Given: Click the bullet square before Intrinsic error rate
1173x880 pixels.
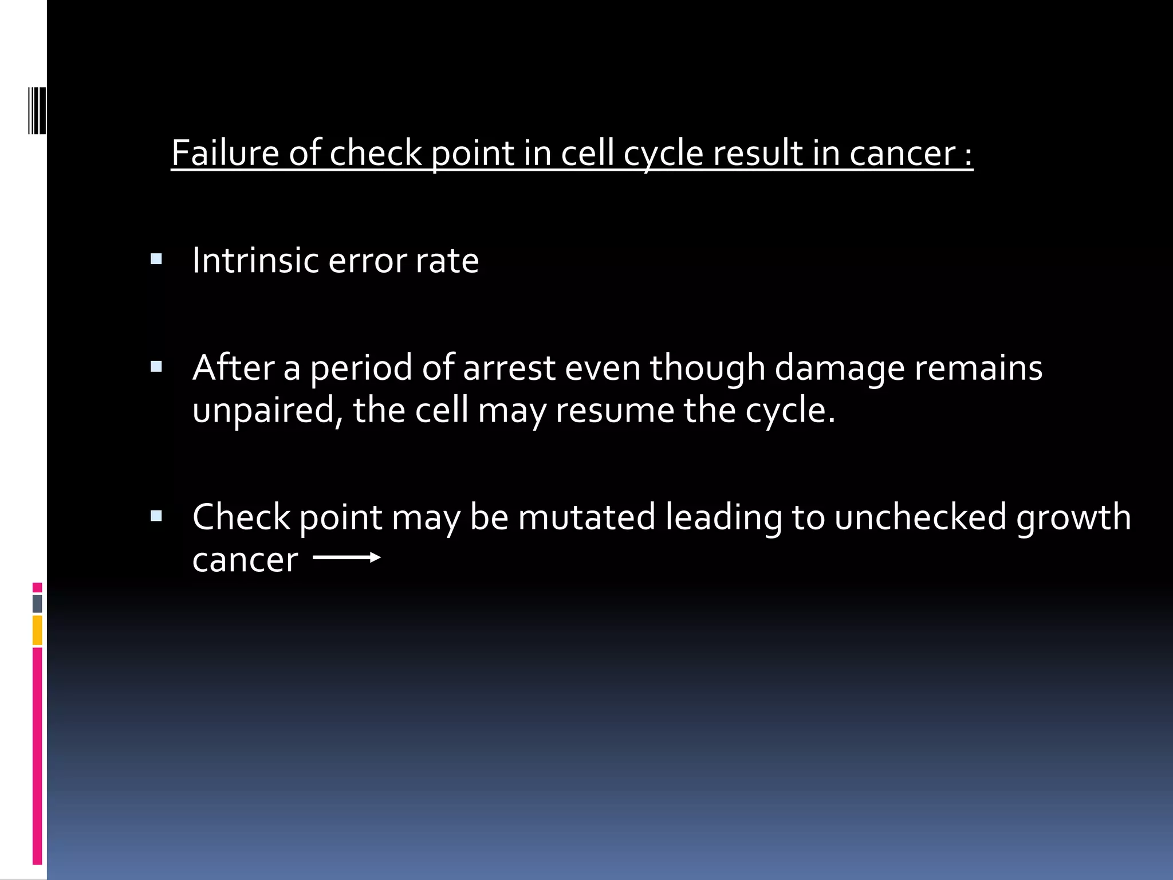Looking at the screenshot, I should pos(156,260).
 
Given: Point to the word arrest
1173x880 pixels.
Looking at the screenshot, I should pos(509,368).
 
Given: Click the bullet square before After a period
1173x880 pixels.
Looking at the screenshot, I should pos(156,367).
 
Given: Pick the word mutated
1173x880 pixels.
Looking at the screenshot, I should pos(586,517).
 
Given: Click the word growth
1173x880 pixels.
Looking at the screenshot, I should pos(1073,517).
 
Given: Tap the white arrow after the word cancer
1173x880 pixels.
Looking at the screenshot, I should pos(347,557).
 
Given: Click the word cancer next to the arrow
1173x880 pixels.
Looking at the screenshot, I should pos(245,560).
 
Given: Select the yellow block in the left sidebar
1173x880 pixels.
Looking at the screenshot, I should pos(37,630).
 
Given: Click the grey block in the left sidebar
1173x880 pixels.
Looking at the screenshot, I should pos(37,603).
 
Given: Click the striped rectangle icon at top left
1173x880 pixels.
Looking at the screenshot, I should pos(37,111).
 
